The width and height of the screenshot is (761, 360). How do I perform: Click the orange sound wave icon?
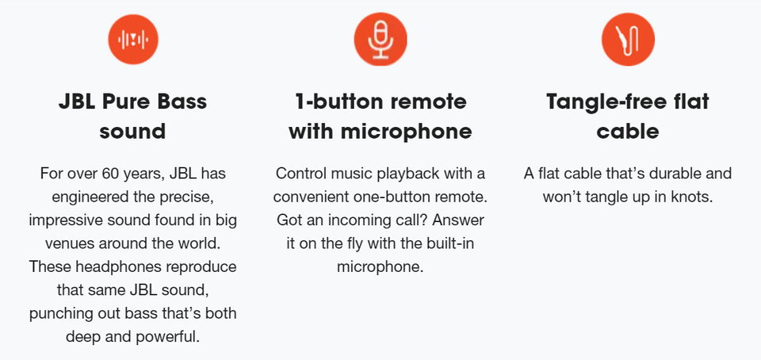tap(133, 39)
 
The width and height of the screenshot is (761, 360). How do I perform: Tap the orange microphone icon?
tap(380, 39)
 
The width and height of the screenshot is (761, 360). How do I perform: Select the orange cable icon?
tap(628, 39)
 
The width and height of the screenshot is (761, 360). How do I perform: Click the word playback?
tap(411, 174)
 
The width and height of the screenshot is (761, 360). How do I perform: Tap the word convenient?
tap(312, 197)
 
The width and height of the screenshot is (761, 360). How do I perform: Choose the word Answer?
tap(458, 220)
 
